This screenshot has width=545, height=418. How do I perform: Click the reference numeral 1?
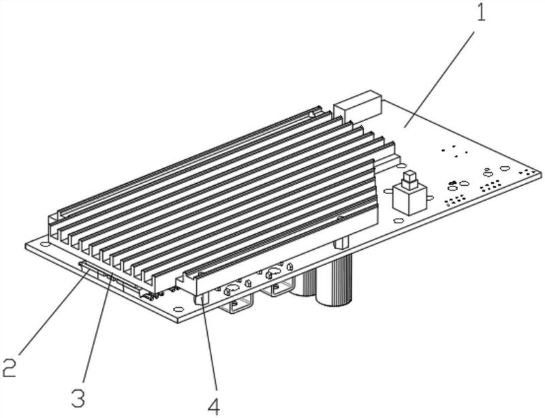(x=482, y=13)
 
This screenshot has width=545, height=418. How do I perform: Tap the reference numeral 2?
(x=10, y=368)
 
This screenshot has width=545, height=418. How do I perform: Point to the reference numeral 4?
(x=214, y=406)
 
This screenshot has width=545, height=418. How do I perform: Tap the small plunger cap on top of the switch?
(x=409, y=180)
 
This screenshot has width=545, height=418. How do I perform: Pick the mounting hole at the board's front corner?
(x=178, y=312)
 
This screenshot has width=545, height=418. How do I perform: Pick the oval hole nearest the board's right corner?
(x=505, y=168)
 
